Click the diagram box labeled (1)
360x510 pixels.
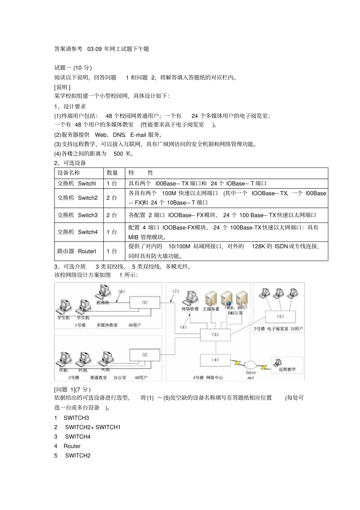pyautogui.click(x=145, y=303)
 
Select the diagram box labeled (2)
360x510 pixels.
pyautogui.click(x=145, y=355)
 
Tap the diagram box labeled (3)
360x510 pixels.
pyautogui.click(x=215, y=335)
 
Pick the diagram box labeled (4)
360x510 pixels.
pyautogui.click(x=215, y=360)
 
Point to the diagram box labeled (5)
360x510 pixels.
pyautogui.click(x=280, y=316)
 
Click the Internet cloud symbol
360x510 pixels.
pyautogui.click(x=250, y=364)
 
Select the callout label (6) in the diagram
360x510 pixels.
pyautogui.click(x=121, y=292)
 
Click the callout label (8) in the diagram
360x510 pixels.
pyautogui.click(x=183, y=327)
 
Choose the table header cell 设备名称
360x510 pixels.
pyautogui.click(x=69, y=173)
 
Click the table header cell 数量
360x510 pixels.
pyautogui.click(x=112, y=173)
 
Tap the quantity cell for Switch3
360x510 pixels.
pyautogui.click(x=112, y=215)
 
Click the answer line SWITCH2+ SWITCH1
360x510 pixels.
pyautogui.click(x=92, y=427)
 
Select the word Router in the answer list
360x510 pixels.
pyautogui.click(x=72, y=446)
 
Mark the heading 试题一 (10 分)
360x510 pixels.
pyautogui.click(x=73, y=67)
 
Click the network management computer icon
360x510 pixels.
pyautogui.click(x=190, y=298)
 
